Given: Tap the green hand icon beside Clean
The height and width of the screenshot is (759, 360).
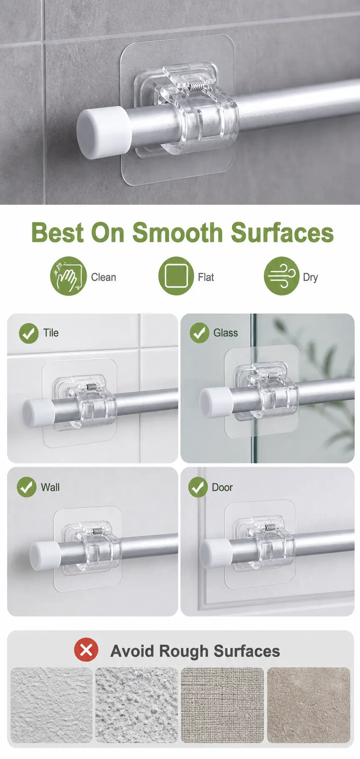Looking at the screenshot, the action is [x=68, y=276].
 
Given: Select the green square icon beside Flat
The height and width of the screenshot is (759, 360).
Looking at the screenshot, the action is [x=176, y=276].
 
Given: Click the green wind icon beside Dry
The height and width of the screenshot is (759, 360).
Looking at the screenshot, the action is [x=282, y=276].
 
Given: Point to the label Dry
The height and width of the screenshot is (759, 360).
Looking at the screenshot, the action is [x=310, y=278].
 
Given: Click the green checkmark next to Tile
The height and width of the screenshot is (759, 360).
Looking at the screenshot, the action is [x=29, y=333].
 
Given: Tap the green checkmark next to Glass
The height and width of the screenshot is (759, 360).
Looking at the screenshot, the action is [x=200, y=333].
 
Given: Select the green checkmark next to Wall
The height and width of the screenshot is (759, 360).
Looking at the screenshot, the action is [x=27, y=487].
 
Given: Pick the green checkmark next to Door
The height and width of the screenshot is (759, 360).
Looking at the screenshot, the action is [x=198, y=487].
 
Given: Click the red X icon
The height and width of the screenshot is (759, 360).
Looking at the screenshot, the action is [x=86, y=650].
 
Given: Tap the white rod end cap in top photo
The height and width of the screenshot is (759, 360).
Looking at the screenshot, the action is [x=103, y=132].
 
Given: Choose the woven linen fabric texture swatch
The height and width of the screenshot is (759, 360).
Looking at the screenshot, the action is [x=222, y=705].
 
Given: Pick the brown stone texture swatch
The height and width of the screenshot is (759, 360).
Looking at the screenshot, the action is [x=309, y=705].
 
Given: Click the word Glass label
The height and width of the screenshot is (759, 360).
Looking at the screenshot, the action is [x=225, y=333].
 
